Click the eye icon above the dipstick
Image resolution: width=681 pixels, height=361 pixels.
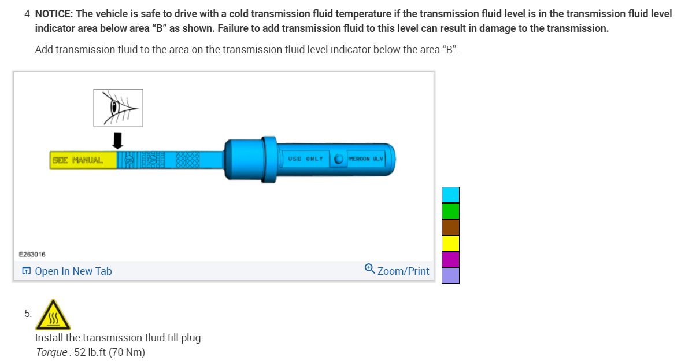click(118, 108)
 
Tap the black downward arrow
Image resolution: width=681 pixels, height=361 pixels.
click(117, 141)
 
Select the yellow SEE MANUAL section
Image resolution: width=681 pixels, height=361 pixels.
click(83, 160)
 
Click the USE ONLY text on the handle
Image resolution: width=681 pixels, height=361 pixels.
click(305, 159)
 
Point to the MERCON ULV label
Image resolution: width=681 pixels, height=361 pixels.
click(366, 159)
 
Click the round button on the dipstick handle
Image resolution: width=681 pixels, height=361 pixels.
click(339, 159)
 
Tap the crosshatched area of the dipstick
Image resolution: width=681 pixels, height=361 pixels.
click(188, 160)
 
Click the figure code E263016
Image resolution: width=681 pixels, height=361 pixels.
click(32, 254)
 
